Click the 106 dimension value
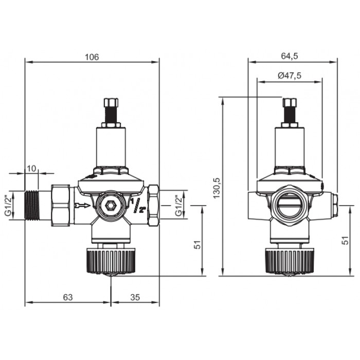92,57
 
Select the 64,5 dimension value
290,56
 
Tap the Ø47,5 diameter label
290,76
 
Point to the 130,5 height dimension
217,188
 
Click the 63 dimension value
68,297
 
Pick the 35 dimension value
135,297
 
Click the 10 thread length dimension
31,169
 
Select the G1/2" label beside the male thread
8,205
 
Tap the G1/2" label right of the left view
178,205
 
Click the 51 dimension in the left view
197,244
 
